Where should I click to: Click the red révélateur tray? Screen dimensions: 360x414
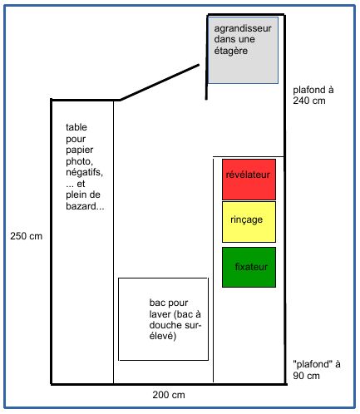pyautogui.click(x=249, y=180)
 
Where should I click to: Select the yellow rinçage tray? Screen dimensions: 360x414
pyautogui.click(x=249, y=222)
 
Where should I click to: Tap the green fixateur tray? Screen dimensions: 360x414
pyautogui.click(x=249, y=267)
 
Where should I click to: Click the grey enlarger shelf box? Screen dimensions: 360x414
pyautogui.click(x=243, y=50)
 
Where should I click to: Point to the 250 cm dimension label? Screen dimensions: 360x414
pyautogui.click(x=27, y=236)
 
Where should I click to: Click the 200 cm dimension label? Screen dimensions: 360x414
pyautogui.click(x=169, y=395)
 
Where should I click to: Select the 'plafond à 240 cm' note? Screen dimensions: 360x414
pyautogui.click(x=313, y=95)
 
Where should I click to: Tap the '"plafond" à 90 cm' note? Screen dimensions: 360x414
pyautogui.click(x=317, y=370)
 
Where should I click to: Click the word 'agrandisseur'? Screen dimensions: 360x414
pyautogui.click(x=243, y=28)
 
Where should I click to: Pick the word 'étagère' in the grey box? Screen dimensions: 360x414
pyautogui.click(x=231, y=51)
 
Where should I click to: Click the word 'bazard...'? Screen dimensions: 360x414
pyautogui.click(x=85, y=206)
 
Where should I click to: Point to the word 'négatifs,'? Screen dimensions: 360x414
pyautogui.click(x=84, y=172)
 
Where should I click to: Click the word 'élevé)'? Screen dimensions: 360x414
pyautogui.click(x=163, y=336)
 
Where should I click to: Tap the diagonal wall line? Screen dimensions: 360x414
pyautogui.click(x=160, y=82)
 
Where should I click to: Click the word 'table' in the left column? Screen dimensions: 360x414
pyautogui.click(x=76, y=127)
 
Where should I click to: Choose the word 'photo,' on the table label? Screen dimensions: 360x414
pyautogui.click(x=79, y=161)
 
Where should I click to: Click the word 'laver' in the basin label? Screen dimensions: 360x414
pyautogui.click(x=160, y=314)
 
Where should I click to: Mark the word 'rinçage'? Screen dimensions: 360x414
pyautogui.click(x=246, y=219)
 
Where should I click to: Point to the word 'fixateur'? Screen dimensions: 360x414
pyautogui.click(x=251, y=267)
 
